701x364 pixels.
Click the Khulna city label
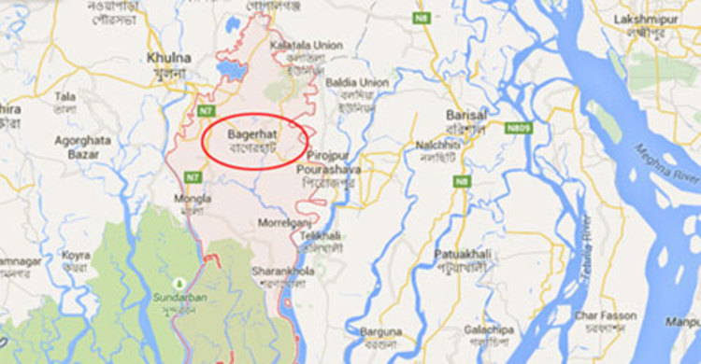point(169,58)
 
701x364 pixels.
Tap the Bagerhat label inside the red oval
point(251,135)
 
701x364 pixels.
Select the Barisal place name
point(467,114)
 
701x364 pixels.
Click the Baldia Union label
point(359,83)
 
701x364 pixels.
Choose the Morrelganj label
point(284,223)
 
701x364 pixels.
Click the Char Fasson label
point(606,315)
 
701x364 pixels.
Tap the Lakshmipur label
point(646,20)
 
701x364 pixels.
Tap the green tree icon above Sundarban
point(179,281)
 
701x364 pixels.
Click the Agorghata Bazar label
point(83,147)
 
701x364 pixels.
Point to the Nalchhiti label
point(439,145)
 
